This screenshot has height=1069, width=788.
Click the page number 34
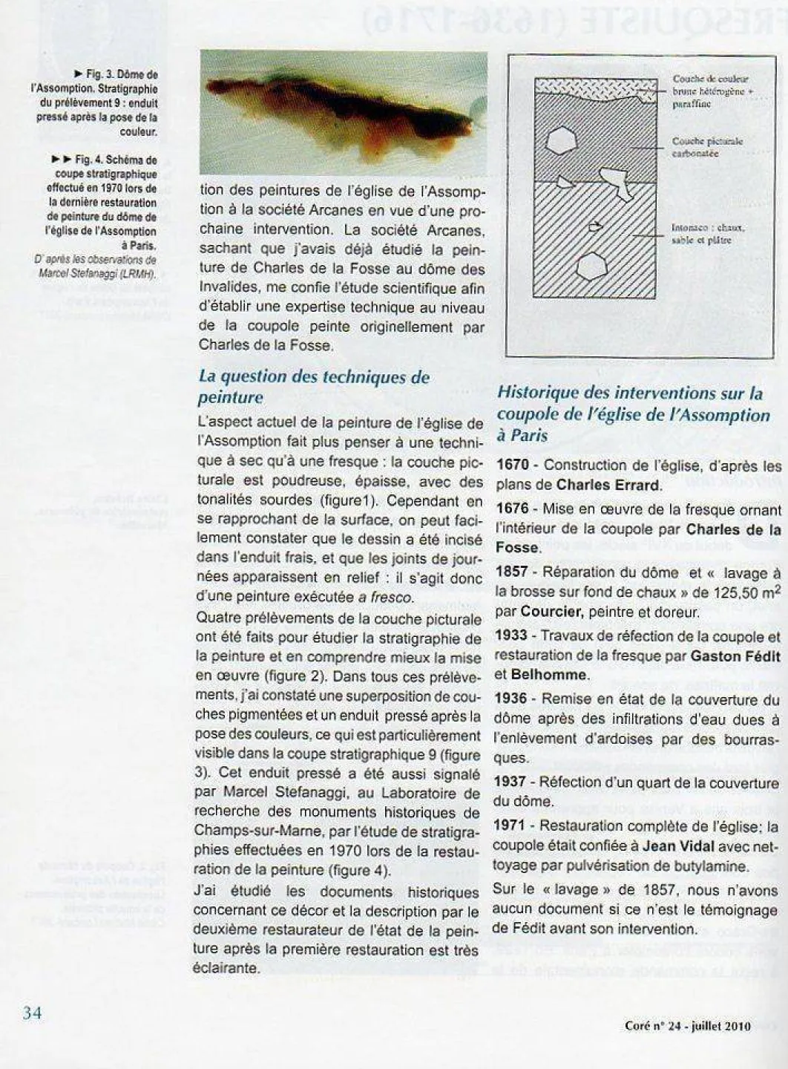32,1013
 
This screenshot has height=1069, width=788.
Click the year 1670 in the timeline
512,466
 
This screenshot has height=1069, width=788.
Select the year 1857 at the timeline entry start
512,572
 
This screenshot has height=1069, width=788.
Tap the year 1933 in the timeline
512,636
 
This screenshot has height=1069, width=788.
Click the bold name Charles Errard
608,486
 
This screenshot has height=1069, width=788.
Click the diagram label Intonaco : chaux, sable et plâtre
707,234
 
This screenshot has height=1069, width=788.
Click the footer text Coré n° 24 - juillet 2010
687,1027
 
